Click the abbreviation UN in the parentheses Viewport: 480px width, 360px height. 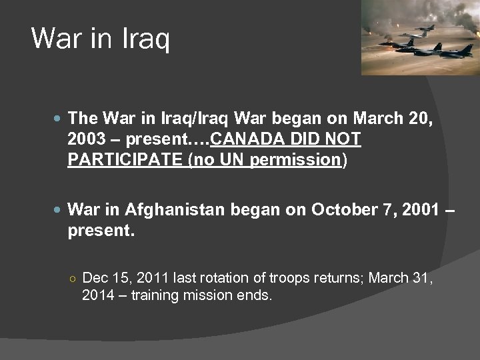click(x=236, y=159)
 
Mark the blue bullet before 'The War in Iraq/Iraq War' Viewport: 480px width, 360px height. click(x=58, y=119)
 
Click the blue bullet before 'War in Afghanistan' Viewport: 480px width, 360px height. click(x=58, y=209)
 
